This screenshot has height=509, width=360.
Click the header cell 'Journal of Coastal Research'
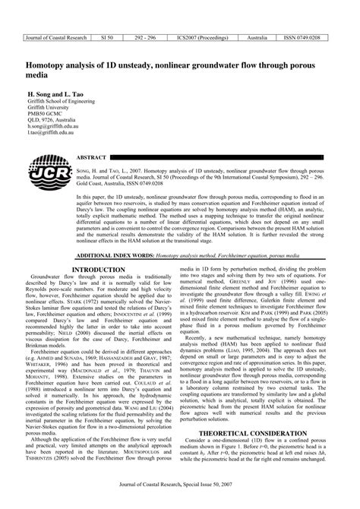coord(56,36)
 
